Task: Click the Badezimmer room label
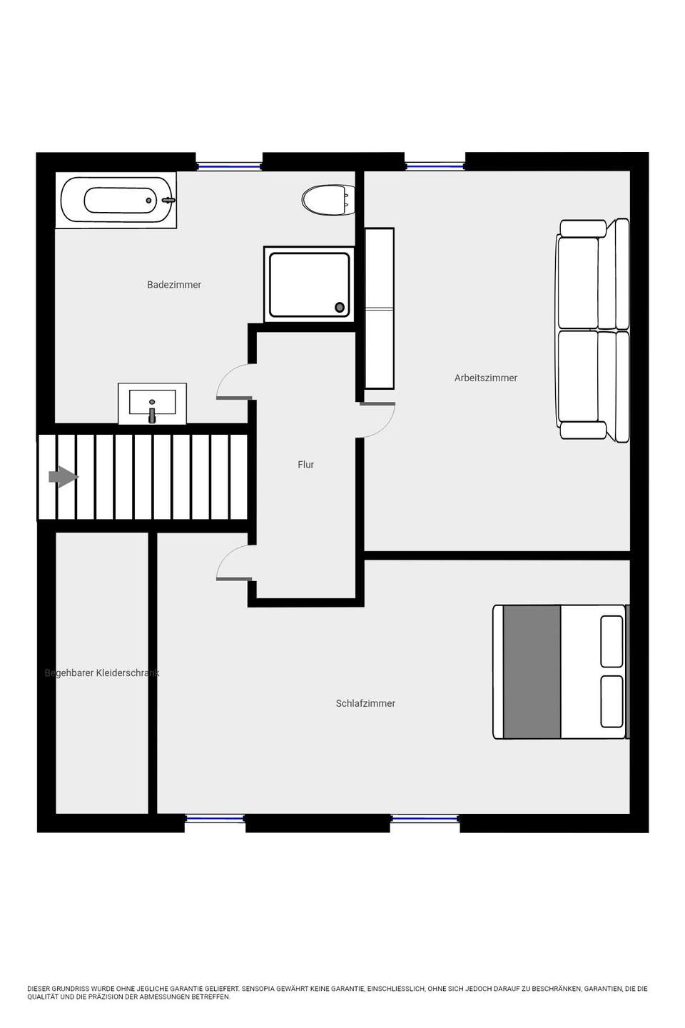point(174,285)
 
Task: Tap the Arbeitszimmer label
point(485,378)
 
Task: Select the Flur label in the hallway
point(305,465)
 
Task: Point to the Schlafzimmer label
point(365,703)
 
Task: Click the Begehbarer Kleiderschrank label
point(102,672)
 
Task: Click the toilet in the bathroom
point(328,200)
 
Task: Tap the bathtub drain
point(148,201)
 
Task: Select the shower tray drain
point(340,308)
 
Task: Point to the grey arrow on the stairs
point(64,477)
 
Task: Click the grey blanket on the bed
point(532,672)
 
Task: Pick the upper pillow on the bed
point(612,641)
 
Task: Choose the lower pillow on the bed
point(612,701)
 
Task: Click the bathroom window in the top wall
point(229,166)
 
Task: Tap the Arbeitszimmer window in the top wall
point(435,166)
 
